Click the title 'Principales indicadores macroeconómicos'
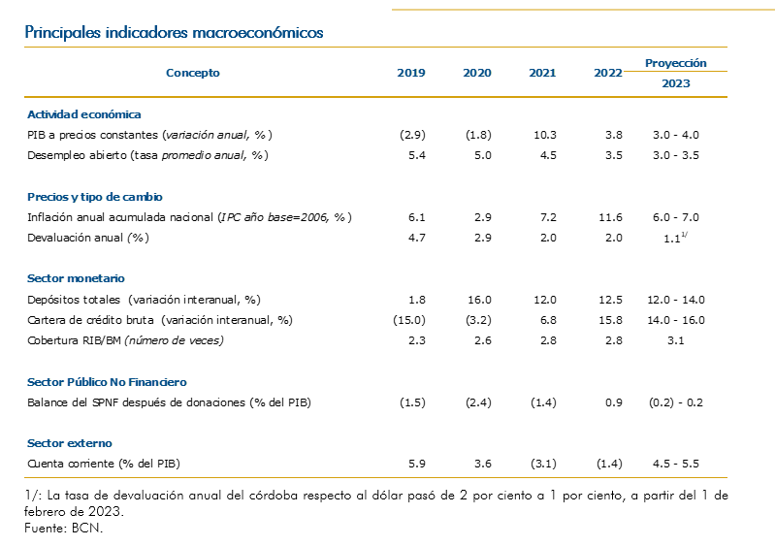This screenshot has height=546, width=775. [175, 32]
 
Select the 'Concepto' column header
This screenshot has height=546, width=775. [193, 73]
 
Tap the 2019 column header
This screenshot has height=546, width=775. [411, 73]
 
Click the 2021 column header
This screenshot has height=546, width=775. [542, 73]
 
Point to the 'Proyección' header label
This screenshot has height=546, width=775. [676, 63]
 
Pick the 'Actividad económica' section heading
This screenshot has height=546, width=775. [83, 114]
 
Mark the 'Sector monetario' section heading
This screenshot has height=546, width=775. [76, 278]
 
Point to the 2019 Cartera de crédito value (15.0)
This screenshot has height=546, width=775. [411, 320]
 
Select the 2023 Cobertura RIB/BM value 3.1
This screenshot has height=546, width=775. [676, 340]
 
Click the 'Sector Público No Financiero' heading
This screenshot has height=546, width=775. [107, 382]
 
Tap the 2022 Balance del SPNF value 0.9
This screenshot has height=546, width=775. [613, 402]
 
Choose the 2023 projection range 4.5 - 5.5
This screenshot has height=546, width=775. [676, 464]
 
